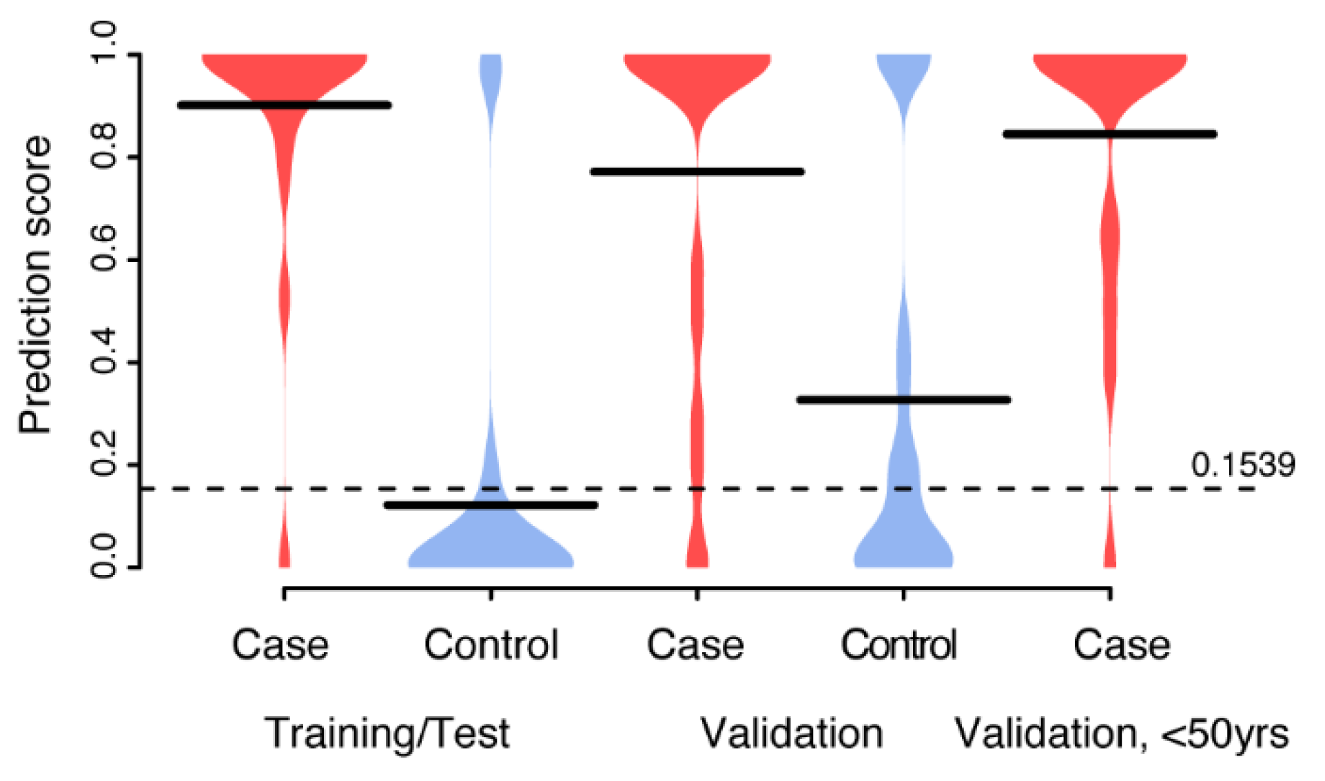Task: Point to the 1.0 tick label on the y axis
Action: point(105,41)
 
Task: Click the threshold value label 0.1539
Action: point(1242,466)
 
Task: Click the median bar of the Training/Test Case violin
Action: point(285,105)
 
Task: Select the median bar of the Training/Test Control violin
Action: point(491,505)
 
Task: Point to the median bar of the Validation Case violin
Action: point(697,172)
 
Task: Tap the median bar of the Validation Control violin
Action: point(903,400)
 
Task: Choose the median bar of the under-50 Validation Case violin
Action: point(1109,134)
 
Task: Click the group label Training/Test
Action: point(387,733)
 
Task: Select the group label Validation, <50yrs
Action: point(1121,734)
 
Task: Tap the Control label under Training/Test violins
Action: point(491,645)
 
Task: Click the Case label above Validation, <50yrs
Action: point(1121,645)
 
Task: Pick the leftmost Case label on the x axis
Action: point(280,645)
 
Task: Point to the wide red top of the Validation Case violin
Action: point(697,72)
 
